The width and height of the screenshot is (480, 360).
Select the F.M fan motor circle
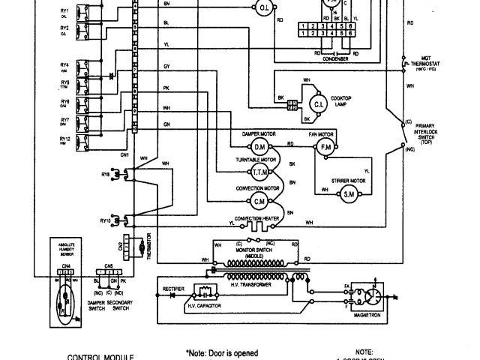click(325, 145)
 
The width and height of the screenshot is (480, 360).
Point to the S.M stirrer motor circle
click(349, 194)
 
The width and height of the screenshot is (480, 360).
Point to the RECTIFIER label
click(174, 288)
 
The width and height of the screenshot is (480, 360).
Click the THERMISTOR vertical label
click(148, 245)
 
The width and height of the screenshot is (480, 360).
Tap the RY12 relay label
click(65, 138)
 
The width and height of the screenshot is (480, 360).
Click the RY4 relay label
click(65, 65)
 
